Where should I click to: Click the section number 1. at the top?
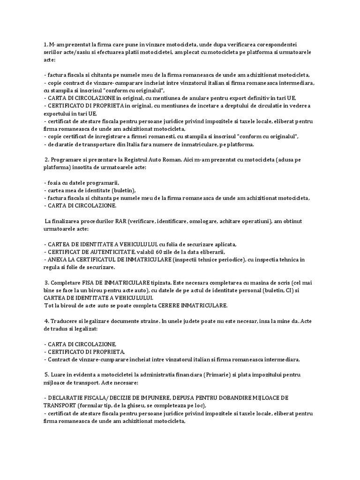coord(46,44)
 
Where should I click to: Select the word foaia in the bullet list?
coord(54,183)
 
